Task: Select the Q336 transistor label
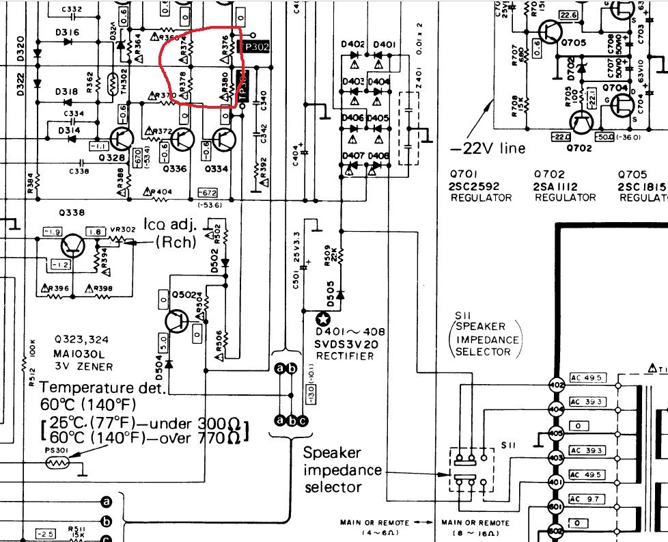coord(175,168)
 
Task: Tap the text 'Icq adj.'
coord(167,223)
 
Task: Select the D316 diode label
coord(68,32)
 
